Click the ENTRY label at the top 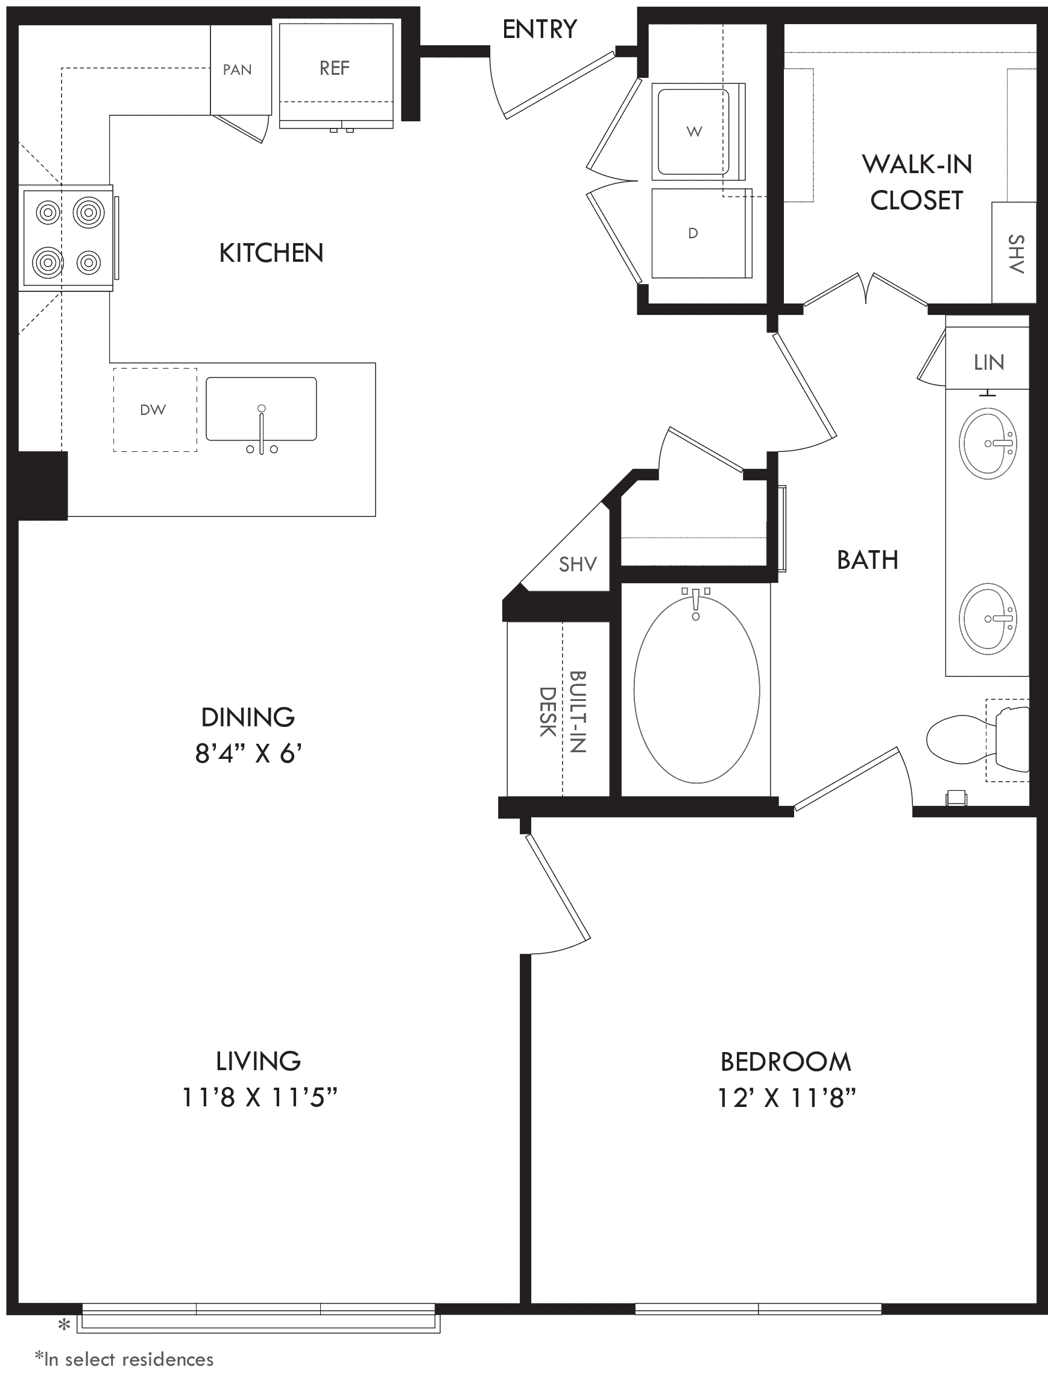(x=540, y=30)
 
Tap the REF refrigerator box (x=336, y=75)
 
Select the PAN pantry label (x=237, y=70)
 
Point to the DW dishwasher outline (x=155, y=410)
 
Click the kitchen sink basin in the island (x=261, y=409)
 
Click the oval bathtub (x=697, y=690)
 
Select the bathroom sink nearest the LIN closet (x=988, y=444)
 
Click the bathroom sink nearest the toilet (x=988, y=619)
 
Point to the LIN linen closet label (x=989, y=363)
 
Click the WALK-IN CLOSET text (x=917, y=182)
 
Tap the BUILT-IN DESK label (x=563, y=712)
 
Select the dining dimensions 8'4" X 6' (x=248, y=754)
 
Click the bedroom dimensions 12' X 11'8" (x=786, y=1097)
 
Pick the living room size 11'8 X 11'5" (x=259, y=1097)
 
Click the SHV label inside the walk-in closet (x=1015, y=255)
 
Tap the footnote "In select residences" (x=124, y=1359)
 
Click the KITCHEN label (x=271, y=253)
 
